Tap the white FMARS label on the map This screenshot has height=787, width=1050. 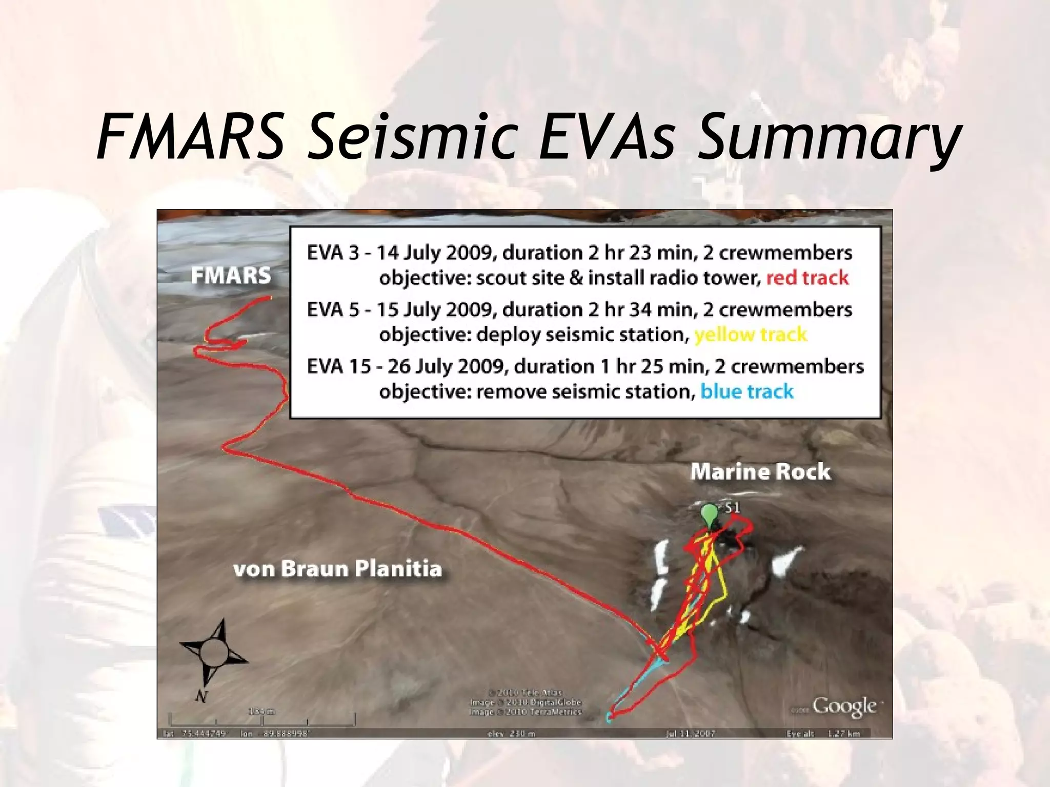tap(231, 276)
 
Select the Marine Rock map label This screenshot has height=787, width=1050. tap(760, 472)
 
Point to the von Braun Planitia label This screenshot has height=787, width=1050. tap(337, 569)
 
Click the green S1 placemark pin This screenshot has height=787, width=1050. tap(709, 514)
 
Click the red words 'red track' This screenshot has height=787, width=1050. tap(807, 278)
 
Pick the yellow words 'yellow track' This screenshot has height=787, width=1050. tap(751, 335)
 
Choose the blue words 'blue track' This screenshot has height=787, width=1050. tap(747, 392)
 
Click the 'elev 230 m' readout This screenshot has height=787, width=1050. tap(511, 734)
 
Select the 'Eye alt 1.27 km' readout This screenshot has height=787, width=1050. tap(823, 734)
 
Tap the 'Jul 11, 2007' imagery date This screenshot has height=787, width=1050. tap(690, 734)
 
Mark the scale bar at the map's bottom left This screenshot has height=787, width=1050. tap(262, 719)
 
